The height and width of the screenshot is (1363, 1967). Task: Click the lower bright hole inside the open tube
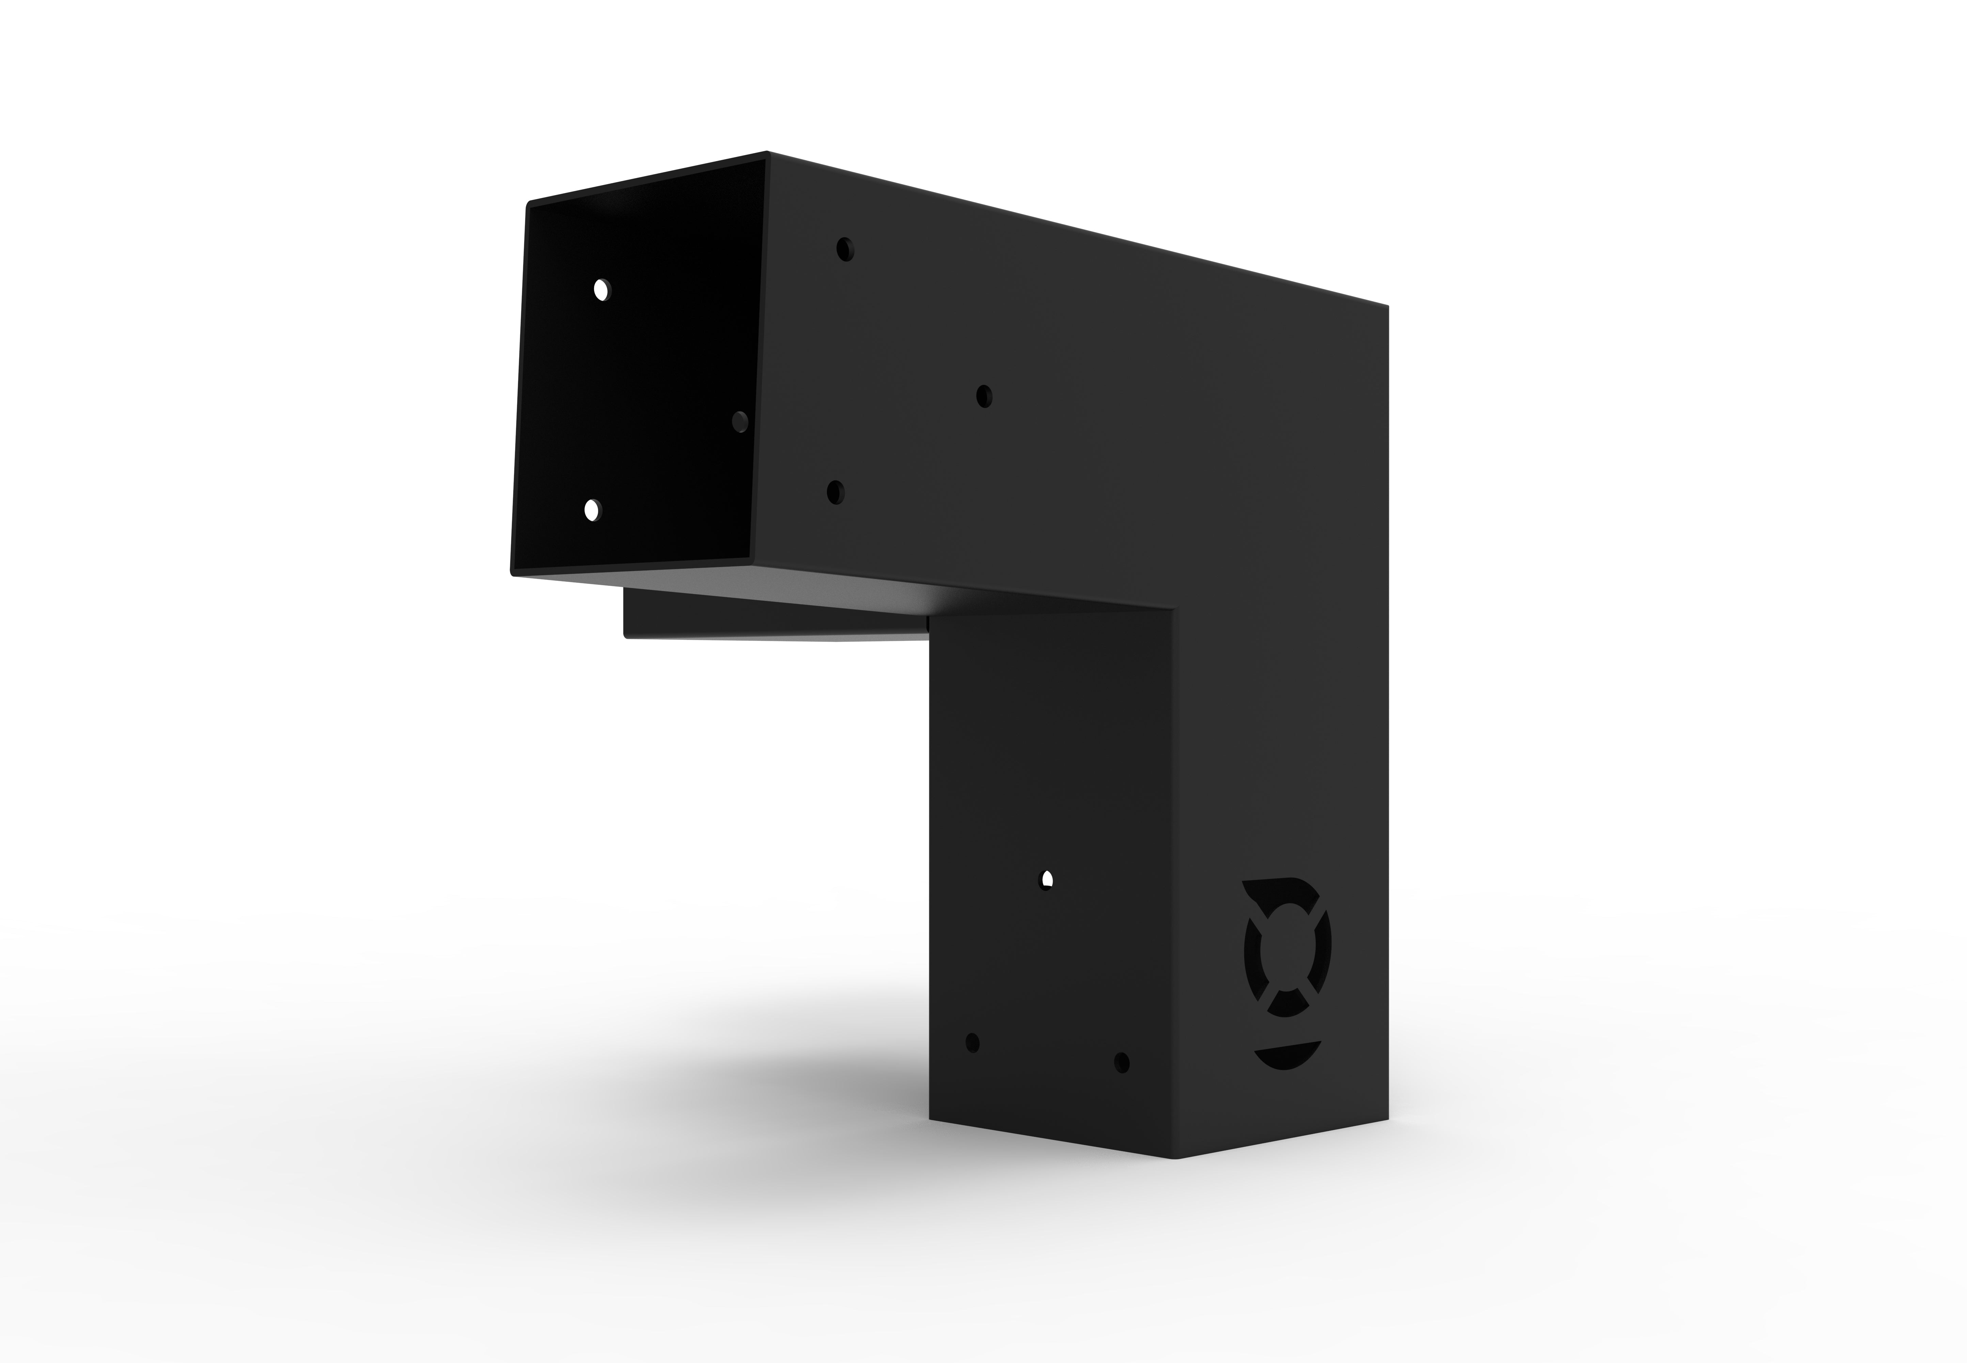click(x=591, y=510)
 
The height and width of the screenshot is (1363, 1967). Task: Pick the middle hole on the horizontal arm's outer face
click(x=984, y=396)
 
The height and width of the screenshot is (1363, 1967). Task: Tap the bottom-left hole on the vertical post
click(x=971, y=1043)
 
